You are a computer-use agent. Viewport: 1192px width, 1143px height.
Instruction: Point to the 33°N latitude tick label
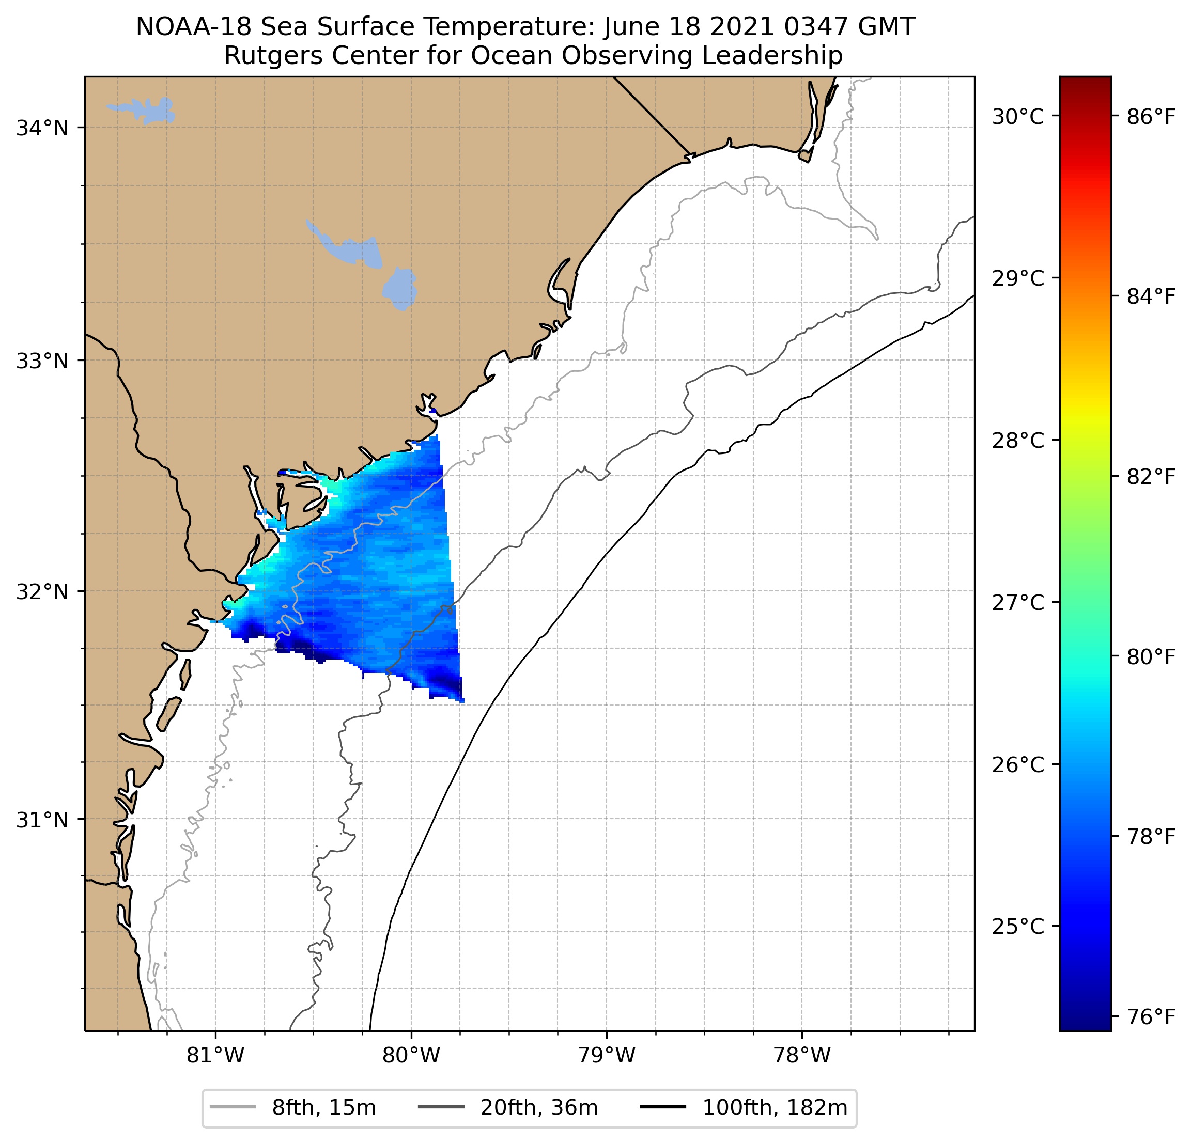point(42,361)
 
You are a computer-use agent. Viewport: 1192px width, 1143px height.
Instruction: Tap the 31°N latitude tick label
point(42,820)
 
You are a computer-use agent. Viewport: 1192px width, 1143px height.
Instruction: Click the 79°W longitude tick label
point(607,1055)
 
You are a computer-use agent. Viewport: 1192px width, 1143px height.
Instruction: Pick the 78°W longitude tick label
point(801,1055)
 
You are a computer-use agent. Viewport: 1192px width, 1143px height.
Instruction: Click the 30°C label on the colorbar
point(1017,116)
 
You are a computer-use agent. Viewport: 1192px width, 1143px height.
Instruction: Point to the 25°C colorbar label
point(1017,927)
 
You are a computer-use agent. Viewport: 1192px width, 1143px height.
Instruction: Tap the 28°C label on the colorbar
point(1017,440)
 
